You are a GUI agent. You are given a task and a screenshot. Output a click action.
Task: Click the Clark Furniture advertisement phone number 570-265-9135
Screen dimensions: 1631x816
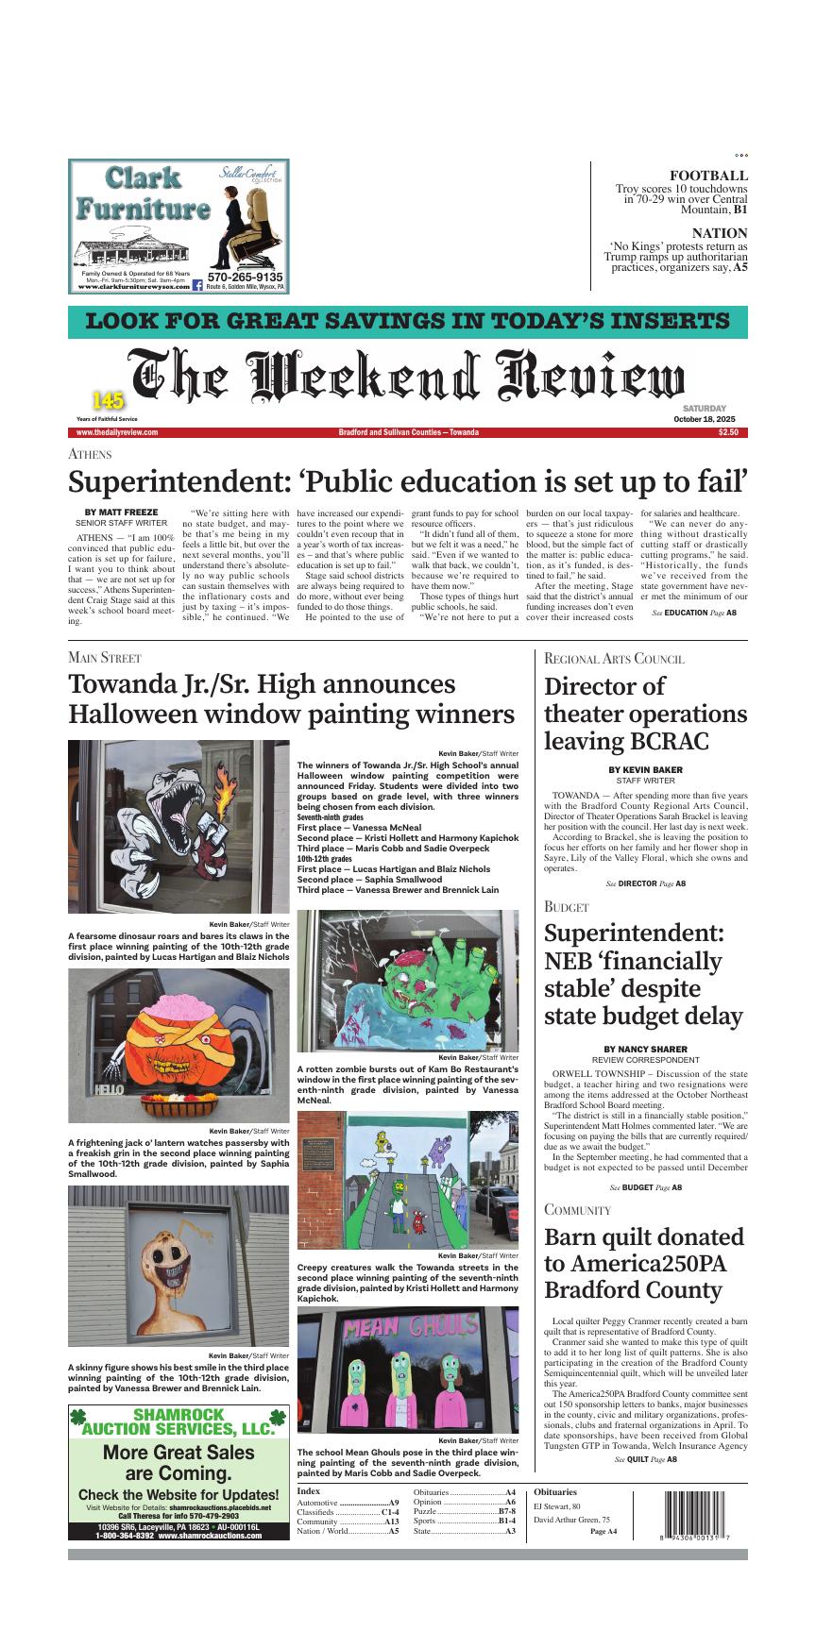(x=245, y=277)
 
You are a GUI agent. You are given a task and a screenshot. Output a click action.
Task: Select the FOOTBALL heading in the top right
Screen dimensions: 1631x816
(x=708, y=176)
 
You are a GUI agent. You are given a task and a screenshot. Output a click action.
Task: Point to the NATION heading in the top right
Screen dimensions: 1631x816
(x=719, y=233)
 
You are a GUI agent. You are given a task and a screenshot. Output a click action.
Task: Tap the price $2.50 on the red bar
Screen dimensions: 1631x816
(x=728, y=432)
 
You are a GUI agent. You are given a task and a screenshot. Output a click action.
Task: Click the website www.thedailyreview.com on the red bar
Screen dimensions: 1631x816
(x=117, y=432)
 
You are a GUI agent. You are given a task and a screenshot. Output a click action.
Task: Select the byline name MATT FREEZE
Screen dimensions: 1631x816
(x=121, y=513)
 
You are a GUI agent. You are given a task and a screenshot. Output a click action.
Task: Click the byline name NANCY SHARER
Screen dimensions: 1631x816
(x=645, y=1049)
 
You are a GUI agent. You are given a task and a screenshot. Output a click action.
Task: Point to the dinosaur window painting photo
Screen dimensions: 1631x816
(x=178, y=827)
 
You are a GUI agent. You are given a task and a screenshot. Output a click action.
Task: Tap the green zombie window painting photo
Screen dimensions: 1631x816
(x=407, y=981)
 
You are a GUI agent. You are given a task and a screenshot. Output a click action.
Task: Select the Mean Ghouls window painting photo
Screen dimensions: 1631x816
(x=407, y=1370)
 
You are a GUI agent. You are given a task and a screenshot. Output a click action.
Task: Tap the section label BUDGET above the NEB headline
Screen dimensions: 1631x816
(x=566, y=907)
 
